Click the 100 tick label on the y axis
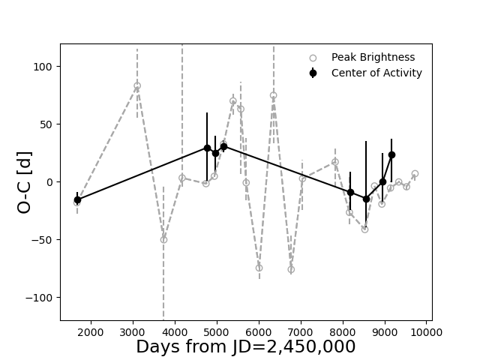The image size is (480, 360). [43, 67]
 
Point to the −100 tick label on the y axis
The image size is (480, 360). [39, 298]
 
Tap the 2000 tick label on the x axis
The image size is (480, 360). [91, 332]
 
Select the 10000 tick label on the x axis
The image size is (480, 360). [426, 332]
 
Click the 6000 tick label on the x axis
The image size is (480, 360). [259, 332]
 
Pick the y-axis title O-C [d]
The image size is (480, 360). [25, 182]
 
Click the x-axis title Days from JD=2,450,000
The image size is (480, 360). [246, 346]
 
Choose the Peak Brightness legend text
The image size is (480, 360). [373, 57]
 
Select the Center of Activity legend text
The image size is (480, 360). [376, 73]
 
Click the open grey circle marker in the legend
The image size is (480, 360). [313, 58]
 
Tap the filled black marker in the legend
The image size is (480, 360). [313, 73]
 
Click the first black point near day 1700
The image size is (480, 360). [77, 200]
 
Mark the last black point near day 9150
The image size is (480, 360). [391, 155]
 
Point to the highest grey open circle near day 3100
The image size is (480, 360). [137, 86]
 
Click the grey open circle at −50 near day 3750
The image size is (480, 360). [163, 240]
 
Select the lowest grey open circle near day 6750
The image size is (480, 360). [291, 269]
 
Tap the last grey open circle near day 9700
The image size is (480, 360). [415, 174]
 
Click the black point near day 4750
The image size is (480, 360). [207, 148]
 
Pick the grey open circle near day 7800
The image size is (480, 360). [335, 162]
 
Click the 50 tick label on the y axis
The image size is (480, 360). [46, 124]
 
